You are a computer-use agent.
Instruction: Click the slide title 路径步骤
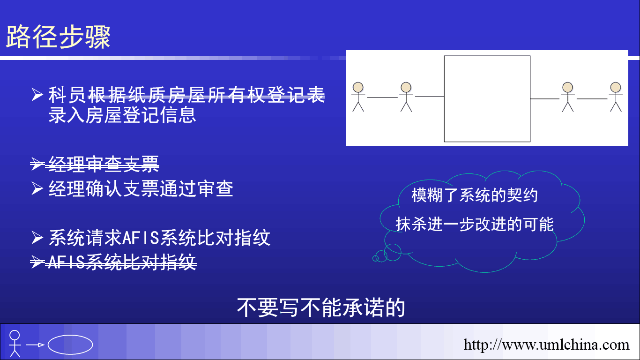tap(58, 37)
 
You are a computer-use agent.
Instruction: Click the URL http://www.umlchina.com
tap(546, 345)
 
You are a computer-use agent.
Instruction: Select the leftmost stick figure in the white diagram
tap(358, 97)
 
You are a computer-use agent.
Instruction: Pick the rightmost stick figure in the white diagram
tap(616, 97)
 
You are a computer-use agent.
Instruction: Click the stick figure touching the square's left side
tap(406, 97)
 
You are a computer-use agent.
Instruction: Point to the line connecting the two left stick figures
tap(382, 97)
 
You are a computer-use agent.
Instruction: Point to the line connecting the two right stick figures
tap(592, 99)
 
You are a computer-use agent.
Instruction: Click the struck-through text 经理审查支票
tap(104, 164)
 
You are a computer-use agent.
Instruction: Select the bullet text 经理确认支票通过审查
tap(141, 189)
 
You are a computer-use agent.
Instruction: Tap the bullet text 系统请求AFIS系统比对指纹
tap(159, 238)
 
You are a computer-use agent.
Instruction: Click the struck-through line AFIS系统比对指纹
tap(122, 262)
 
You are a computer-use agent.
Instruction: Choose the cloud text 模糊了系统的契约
tap(475, 195)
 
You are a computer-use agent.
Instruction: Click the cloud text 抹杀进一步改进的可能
tap(475, 224)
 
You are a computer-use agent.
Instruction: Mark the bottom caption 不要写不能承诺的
tap(321, 307)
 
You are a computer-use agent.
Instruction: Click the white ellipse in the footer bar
tap(70, 336)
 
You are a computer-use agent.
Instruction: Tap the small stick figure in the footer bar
tap(15, 344)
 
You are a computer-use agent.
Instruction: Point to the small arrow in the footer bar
tap(35, 345)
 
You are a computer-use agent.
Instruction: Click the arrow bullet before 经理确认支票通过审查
tap(37, 188)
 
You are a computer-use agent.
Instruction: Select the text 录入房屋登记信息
tap(122, 115)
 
